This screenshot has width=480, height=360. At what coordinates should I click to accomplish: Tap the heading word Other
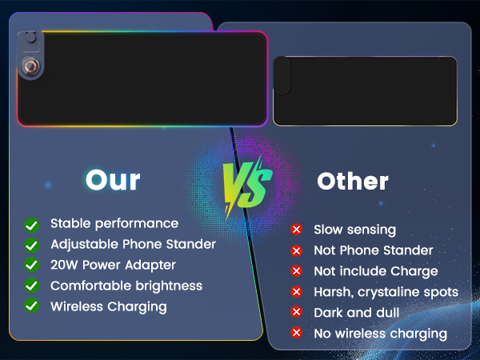click(x=353, y=181)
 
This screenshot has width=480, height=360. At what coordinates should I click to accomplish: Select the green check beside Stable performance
click(x=32, y=224)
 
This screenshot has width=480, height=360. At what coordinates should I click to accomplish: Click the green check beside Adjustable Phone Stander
click(x=32, y=244)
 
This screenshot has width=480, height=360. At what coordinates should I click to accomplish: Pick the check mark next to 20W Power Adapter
click(x=32, y=265)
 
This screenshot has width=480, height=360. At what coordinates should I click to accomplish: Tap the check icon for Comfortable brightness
click(x=32, y=286)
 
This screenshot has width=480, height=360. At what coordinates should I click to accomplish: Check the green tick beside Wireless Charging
click(x=32, y=306)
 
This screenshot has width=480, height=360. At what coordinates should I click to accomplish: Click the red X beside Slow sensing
click(x=297, y=230)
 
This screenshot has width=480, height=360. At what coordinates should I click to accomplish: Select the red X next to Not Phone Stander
click(x=297, y=250)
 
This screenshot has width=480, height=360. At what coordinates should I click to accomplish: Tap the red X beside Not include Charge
click(x=297, y=271)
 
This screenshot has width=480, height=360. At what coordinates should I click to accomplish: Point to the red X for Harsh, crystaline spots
click(x=297, y=292)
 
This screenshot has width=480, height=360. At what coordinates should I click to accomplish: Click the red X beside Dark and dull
click(x=297, y=312)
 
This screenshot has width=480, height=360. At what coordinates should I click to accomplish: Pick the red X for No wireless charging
click(x=297, y=333)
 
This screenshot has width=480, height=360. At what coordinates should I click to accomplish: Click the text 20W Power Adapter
click(x=113, y=265)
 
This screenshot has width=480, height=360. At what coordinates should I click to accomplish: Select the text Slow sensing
click(x=354, y=230)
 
